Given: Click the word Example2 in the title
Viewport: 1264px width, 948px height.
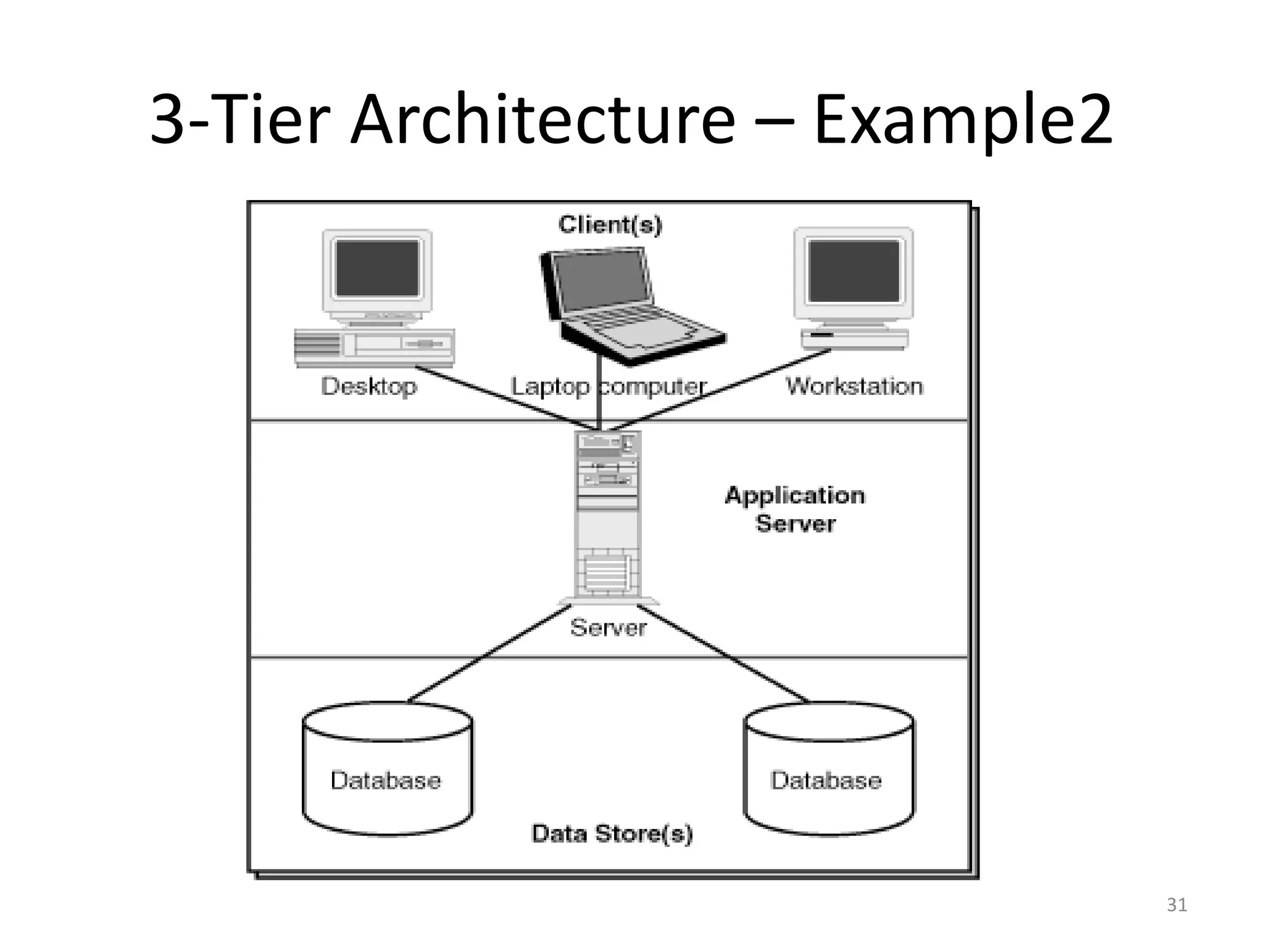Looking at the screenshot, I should click(963, 120).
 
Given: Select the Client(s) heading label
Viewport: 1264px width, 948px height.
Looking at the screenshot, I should click(610, 224).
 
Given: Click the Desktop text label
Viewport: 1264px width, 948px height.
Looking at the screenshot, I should click(369, 386).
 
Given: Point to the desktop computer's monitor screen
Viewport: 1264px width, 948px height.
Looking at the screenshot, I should click(377, 268).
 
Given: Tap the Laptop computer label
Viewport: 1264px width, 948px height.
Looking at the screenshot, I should click(609, 387).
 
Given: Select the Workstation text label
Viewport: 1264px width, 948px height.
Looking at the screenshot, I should click(854, 386).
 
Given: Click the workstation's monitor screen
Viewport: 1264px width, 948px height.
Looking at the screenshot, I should click(854, 270).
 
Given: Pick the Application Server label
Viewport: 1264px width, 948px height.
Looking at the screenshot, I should click(795, 509).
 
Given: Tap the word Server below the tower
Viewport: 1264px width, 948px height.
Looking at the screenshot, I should click(608, 628).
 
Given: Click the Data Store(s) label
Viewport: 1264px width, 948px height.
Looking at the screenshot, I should click(612, 833).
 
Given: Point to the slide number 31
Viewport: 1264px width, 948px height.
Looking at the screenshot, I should click(1176, 905).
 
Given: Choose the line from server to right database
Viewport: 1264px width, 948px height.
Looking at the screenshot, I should click(722, 654).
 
